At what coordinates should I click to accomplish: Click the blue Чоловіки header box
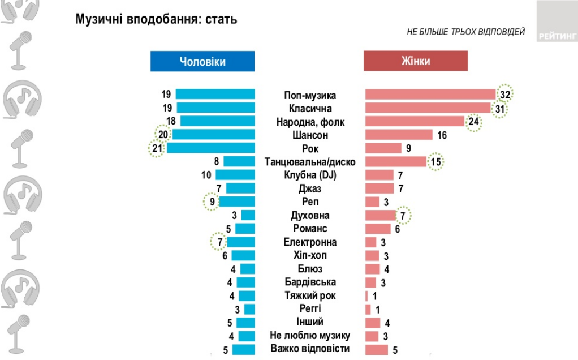tap(202, 61)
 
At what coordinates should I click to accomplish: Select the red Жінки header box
tap(416, 61)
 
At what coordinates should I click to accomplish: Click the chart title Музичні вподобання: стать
tap(156, 19)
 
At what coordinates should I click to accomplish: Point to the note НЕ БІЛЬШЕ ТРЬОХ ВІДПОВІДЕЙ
tap(465, 32)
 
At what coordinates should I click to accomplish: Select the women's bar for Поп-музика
tap(430, 95)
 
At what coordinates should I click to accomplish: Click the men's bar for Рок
tap(211, 148)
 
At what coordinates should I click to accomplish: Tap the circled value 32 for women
tap(504, 95)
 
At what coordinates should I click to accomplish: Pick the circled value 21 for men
tap(157, 148)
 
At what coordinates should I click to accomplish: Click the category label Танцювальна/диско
tap(310, 162)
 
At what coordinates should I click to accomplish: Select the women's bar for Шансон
tap(399, 135)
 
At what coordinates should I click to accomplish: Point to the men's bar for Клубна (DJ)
tap(235, 175)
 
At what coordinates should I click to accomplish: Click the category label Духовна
tap(310, 216)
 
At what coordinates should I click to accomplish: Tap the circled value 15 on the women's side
tap(435, 162)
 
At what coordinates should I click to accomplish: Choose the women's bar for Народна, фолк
tap(415, 121)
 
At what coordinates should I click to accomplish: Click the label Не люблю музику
tap(310, 335)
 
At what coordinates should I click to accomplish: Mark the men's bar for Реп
tap(237, 202)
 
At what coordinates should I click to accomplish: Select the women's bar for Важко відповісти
tap(377, 349)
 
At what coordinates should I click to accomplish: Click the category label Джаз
tap(310, 188)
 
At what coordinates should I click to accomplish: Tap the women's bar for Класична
tap(428, 108)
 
